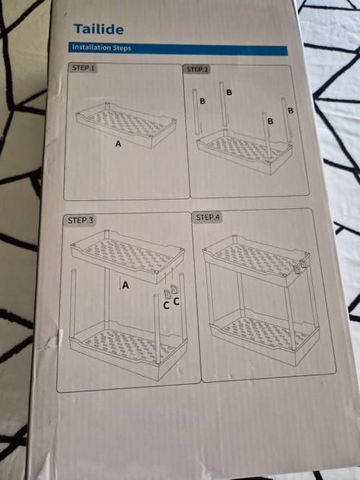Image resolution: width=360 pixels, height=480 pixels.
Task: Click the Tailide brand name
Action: (99, 29)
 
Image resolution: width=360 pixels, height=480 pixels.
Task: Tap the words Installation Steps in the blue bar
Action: (102, 48)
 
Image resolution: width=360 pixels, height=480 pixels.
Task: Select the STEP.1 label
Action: (84, 68)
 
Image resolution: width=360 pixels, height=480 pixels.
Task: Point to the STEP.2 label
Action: (197, 69)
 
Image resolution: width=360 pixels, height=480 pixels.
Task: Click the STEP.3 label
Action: (80, 220)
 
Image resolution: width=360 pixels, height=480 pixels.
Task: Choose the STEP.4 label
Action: (208, 218)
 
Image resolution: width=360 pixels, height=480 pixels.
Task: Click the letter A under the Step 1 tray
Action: (118, 143)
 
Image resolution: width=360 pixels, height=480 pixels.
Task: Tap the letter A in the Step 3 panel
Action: (126, 285)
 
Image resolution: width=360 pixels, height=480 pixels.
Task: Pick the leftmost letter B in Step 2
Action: (202, 101)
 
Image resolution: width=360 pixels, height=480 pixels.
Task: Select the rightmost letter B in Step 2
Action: (291, 110)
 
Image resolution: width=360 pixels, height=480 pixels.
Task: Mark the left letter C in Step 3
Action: (166, 305)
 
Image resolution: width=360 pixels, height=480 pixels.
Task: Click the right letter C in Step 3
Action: (176, 301)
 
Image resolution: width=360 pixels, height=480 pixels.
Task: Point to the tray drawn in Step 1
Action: (126, 125)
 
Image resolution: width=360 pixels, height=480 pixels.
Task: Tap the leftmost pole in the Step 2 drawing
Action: (197, 112)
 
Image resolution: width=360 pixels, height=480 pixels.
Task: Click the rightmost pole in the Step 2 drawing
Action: (286, 120)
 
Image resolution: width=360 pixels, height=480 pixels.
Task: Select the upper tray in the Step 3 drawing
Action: (128, 257)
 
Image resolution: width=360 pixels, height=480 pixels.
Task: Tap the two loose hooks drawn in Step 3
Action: (170, 293)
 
